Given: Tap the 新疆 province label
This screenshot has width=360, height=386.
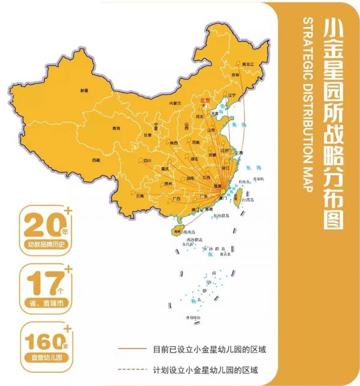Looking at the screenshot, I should point(84,90).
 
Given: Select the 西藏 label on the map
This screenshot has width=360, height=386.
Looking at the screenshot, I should point(96,160).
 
